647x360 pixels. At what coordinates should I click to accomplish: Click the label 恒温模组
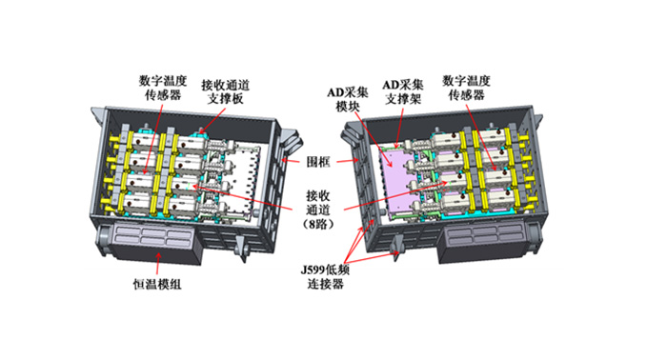[x=157, y=285]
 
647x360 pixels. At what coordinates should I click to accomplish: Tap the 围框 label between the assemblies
[x=318, y=161]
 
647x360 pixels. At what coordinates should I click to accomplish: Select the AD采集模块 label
[x=347, y=99]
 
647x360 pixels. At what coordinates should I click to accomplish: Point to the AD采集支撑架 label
[x=403, y=92]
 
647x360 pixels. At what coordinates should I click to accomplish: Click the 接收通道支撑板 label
[x=225, y=92]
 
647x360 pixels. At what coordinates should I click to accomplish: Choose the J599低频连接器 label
[x=325, y=277]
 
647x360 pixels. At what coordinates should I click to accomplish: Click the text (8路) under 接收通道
[x=318, y=225]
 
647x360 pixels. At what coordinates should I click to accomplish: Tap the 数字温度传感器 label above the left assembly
[x=163, y=88]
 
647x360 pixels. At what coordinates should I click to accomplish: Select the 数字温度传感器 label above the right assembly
[x=466, y=88]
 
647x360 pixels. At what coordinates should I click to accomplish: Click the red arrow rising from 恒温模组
[x=158, y=263]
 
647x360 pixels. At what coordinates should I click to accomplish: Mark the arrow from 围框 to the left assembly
[x=290, y=160]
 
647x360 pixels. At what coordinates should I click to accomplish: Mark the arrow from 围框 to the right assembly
[x=346, y=161]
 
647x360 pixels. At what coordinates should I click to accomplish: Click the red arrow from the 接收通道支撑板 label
[x=212, y=120]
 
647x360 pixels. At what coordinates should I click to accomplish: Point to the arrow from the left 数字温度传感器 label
[x=152, y=138]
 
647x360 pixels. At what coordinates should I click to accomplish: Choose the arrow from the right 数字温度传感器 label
[x=481, y=137]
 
